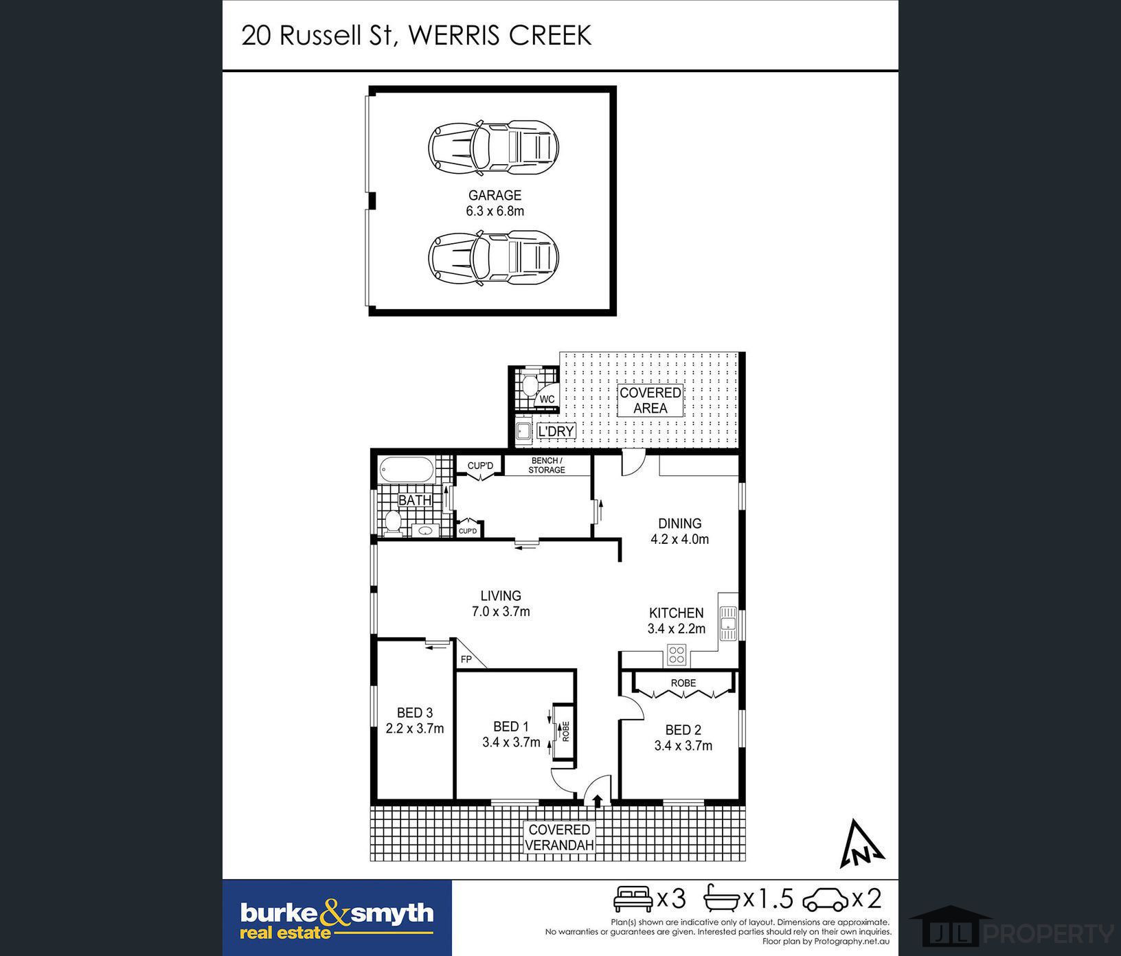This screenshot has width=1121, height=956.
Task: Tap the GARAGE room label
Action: click(495, 195)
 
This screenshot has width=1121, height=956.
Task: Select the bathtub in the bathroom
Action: click(406, 471)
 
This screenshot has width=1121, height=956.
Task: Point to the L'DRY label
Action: click(556, 431)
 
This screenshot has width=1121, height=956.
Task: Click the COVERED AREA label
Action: click(650, 400)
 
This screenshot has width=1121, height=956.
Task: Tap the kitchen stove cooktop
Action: click(677, 655)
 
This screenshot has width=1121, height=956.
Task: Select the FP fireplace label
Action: click(466, 659)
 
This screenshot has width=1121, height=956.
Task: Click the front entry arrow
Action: click(598, 800)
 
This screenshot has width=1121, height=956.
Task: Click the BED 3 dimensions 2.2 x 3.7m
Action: click(415, 729)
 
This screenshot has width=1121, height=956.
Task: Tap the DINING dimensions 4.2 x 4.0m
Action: click(680, 539)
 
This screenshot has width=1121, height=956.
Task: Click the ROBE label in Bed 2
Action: click(683, 683)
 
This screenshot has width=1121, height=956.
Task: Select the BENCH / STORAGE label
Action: click(547, 465)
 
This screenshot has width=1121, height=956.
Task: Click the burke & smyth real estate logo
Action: click(337, 918)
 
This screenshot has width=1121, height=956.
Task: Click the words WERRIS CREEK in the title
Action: click(499, 36)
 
